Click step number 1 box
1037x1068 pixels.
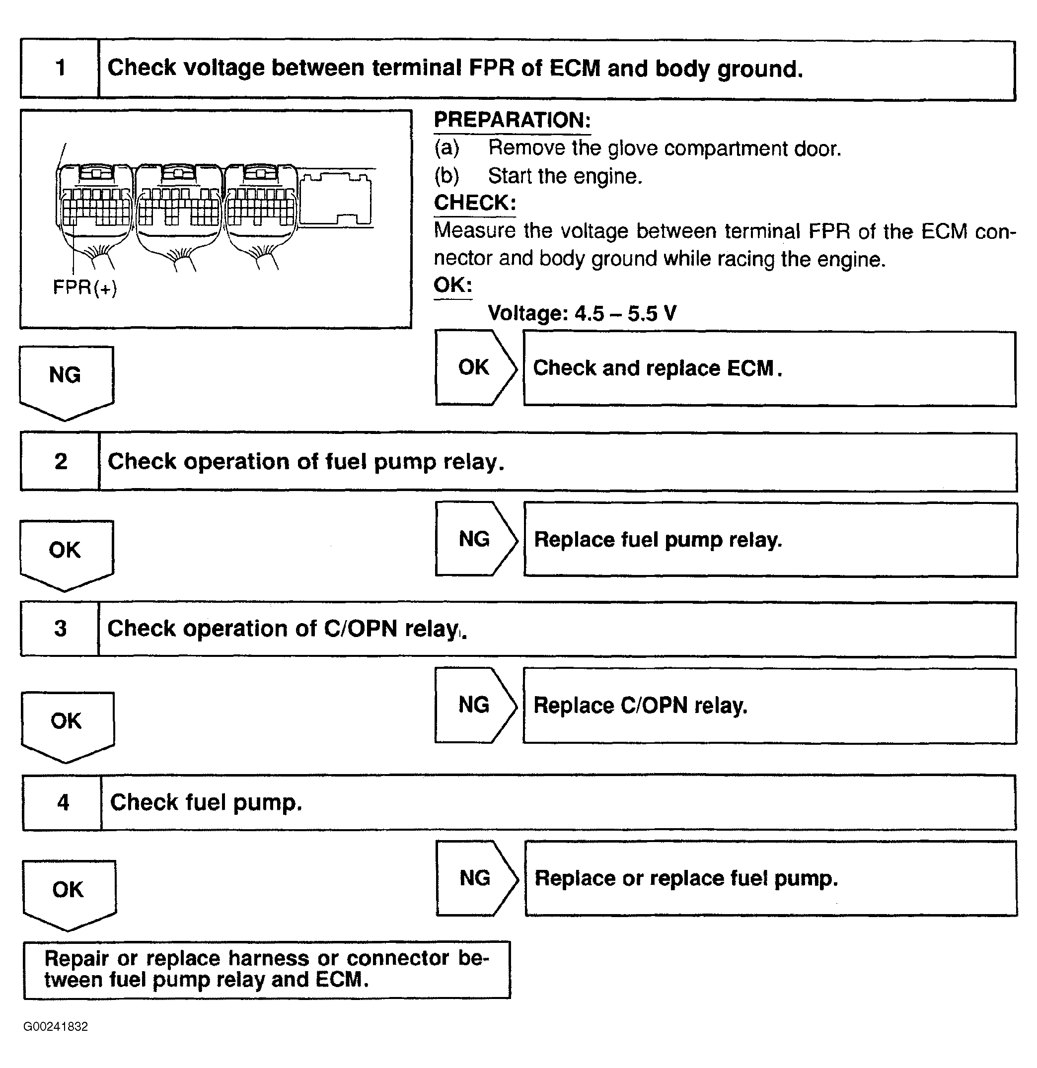tap(60, 68)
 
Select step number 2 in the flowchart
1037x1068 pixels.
tap(61, 462)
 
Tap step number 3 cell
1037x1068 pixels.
tap(60, 628)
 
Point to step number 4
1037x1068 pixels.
tap(63, 802)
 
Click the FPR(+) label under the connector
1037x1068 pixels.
tap(84, 287)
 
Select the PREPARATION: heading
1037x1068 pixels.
tap(512, 120)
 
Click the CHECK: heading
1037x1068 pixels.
tap(475, 203)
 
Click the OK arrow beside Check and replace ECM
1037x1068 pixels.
tap(475, 368)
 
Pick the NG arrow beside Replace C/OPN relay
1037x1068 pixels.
tap(475, 705)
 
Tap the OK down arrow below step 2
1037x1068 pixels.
tap(66, 553)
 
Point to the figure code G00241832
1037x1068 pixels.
tap(56, 1027)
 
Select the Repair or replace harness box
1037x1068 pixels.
tap(267, 969)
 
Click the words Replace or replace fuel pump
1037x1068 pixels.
tap(685, 878)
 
